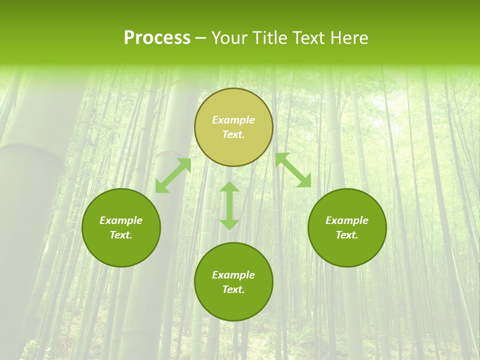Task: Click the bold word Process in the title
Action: (x=157, y=38)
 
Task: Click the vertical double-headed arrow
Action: (x=229, y=205)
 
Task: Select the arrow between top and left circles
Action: (x=173, y=175)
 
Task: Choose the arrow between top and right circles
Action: (x=293, y=170)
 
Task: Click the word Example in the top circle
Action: (x=233, y=120)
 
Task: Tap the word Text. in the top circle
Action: (x=233, y=134)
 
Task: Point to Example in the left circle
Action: (x=121, y=220)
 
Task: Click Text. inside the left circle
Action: (x=121, y=235)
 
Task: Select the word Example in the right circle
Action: (x=347, y=220)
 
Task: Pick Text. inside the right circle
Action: (x=347, y=235)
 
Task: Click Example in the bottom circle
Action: (x=233, y=275)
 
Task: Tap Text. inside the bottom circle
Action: (x=233, y=289)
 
